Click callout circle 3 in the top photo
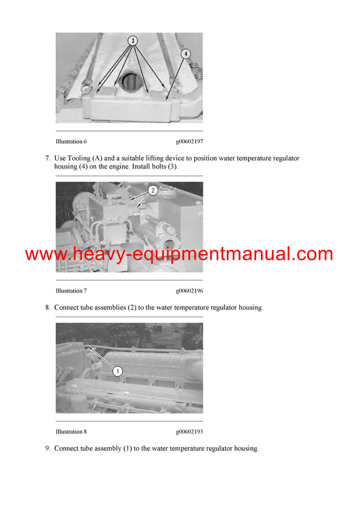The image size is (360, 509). (132, 41)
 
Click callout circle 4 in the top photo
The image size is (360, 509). (186, 53)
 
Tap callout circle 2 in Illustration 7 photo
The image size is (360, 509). (153, 191)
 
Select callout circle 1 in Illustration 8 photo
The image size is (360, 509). (118, 371)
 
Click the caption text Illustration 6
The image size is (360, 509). (71, 141)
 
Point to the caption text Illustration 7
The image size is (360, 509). (71, 291)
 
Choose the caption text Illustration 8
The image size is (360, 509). (71, 432)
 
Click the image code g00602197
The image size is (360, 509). (190, 141)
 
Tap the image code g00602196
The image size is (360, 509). (190, 291)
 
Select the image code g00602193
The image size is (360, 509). (190, 432)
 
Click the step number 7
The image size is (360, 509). (47, 158)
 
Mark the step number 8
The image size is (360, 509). (47, 308)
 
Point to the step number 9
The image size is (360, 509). (47, 448)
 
